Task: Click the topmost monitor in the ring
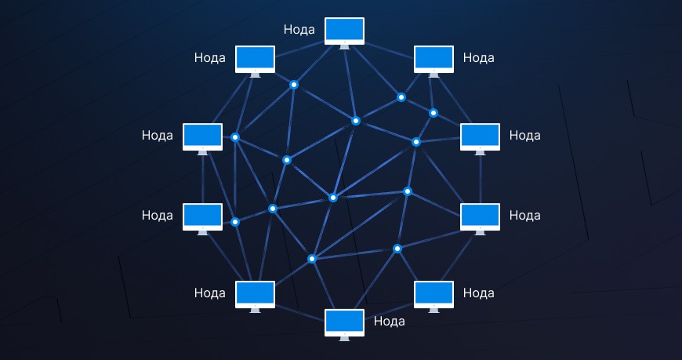(345, 31)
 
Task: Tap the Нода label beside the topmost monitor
(299, 30)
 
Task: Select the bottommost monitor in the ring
(345, 322)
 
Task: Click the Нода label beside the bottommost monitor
(390, 320)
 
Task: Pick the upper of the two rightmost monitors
(480, 136)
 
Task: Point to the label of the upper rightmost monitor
(525, 135)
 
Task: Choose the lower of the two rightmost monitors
(480, 216)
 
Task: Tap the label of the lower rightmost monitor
(525, 214)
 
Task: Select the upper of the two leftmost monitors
(202, 136)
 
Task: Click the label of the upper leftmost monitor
(158, 135)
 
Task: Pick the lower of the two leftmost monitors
(202, 216)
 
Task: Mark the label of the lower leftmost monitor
(158, 214)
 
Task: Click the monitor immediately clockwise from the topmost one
(434, 59)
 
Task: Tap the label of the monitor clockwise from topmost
(479, 57)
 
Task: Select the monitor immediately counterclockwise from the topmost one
(256, 59)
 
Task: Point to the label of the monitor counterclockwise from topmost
(210, 57)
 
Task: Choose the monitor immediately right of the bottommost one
(434, 294)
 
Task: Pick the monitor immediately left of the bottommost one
(256, 294)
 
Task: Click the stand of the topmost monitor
(345, 46)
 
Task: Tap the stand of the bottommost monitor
(345, 338)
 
